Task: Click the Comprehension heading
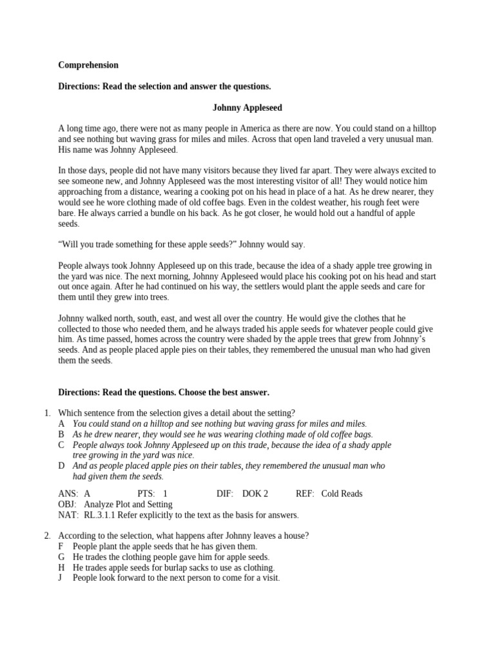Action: pyautogui.click(x=88, y=65)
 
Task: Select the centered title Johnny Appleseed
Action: pyautogui.click(x=247, y=108)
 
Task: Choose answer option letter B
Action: pyautogui.click(x=61, y=434)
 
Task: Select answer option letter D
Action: pyautogui.click(x=61, y=465)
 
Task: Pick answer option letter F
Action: pyautogui.click(x=61, y=547)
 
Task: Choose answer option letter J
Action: pyautogui.click(x=61, y=578)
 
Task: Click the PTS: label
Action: pyautogui.click(x=148, y=494)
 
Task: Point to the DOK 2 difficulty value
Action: pyautogui.click(x=255, y=494)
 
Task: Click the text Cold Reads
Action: pyautogui.click(x=342, y=494)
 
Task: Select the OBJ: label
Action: pyautogui.click(x=68, y=505)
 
